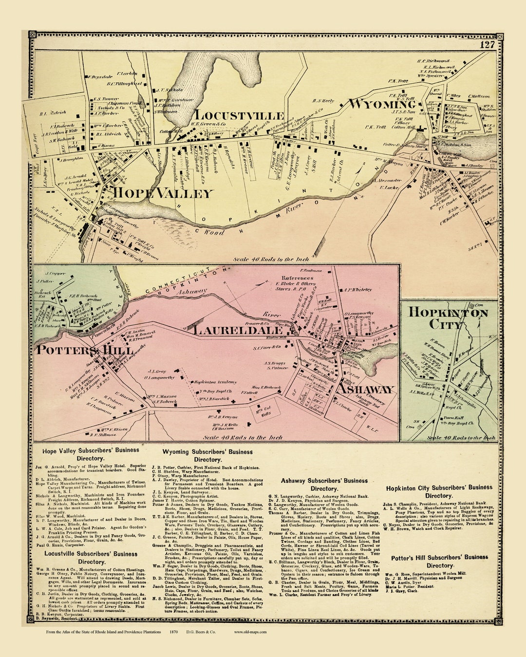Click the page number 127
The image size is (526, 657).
tap(487, 45)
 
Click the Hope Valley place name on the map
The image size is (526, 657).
tap(163, 193)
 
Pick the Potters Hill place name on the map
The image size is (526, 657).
tap(85, 350)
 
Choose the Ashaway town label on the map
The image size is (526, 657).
tap(365, 389)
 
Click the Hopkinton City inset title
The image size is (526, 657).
tap(448, 318)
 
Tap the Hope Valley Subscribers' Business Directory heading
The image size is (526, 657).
tap(90, 454)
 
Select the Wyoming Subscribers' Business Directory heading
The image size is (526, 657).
tap(207, 455)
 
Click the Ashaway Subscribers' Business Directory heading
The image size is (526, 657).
tap(324, 485)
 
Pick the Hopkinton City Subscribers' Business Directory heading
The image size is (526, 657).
tap(439, 491)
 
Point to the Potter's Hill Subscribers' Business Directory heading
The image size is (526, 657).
tap(439, 561)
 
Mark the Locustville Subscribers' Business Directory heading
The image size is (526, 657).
tap(91, 558)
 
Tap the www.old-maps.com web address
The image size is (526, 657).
tap(250, 632)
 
